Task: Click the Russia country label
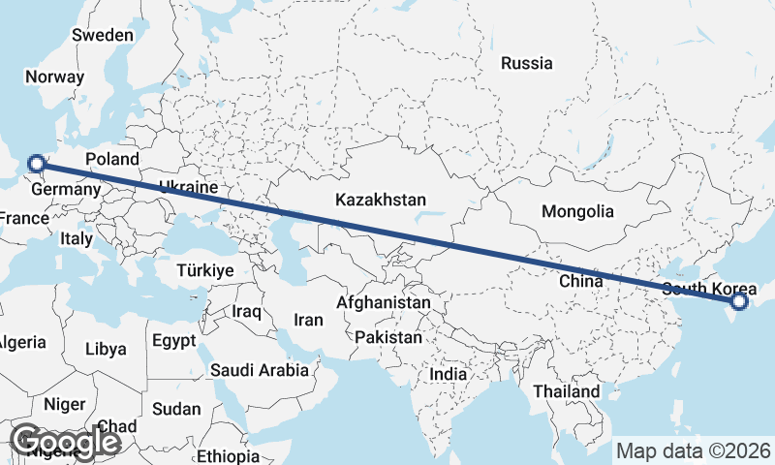click(527, 64)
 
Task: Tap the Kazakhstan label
click(381, 201)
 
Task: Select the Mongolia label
click(577, 211)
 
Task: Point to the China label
click(581, 281)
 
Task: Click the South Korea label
click(709, 289)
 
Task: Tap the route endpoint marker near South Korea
click(739, 301)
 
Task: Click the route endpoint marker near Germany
click(36, 164)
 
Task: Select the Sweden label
click(103, 35)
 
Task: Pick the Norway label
click(55, 77)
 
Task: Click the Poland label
click(112, 159)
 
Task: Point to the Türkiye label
click(205, 270)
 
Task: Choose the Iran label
click(308, 320)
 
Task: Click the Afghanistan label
click(384, 303)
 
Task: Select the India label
click(449, 374)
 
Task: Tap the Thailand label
click(567, 391)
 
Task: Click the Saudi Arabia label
click(260, 370)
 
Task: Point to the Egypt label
click(174, 341)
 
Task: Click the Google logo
click(65, 442)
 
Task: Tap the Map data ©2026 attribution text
click(694, 450)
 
